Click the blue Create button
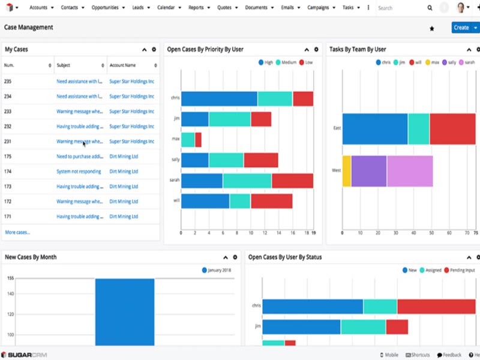pos(461,28)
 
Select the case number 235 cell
pos(8,81)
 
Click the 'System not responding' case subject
pos(79,171)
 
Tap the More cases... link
pos(17,232)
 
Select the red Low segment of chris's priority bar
pos(303,99)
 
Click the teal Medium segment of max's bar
pos(188,140)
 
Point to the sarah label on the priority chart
pos(175,180)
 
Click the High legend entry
pos(265,62)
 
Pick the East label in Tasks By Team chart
pos(337,128)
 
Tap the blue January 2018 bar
pos(125,311)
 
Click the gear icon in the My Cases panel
pos(154,49)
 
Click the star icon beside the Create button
pos(431,28)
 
